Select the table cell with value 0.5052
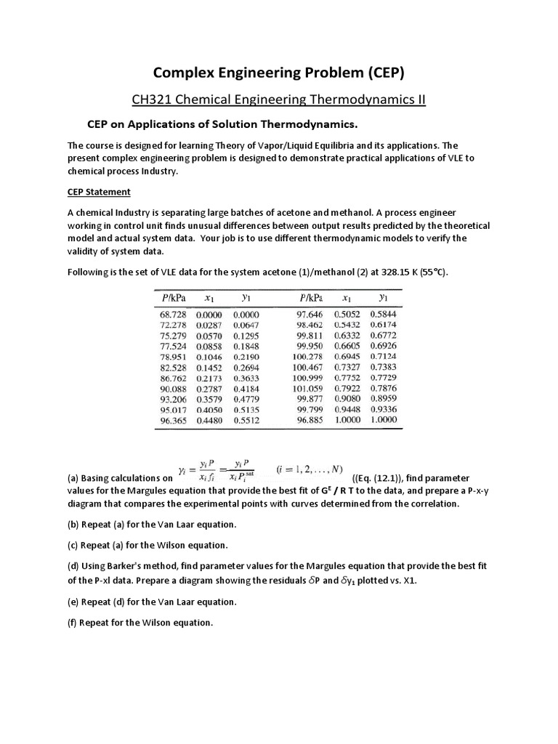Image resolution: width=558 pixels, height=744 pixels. point(348,315)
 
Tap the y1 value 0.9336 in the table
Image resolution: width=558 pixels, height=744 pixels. point(383,409)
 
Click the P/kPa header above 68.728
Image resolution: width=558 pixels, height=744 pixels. point(171,298)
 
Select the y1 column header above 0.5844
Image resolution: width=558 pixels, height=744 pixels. point(383,298)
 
